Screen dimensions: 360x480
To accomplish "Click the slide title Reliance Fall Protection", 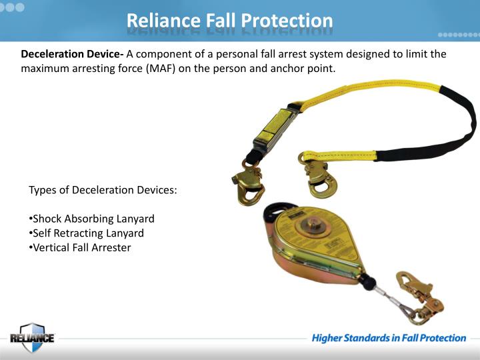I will pos(230,20).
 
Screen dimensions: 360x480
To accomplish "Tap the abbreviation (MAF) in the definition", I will pos(158,69).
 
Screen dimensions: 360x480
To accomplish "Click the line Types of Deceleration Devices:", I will pos(103,190).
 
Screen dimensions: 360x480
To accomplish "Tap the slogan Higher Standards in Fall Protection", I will pos(389,338).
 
